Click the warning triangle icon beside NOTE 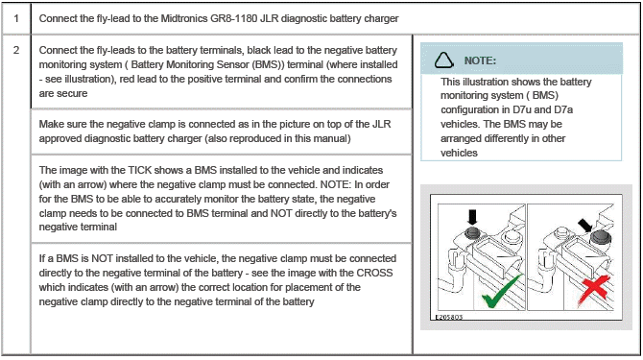coord(443,60)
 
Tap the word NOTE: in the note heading coord(480,60)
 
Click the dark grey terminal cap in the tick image coord(472,232)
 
